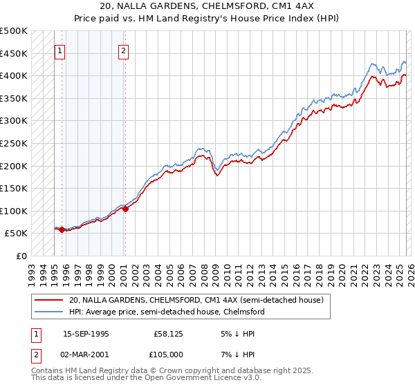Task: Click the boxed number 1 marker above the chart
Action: click(x=59, y=50)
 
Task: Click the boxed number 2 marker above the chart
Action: click(x=123, y=50)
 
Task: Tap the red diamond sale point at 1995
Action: click(x=62, y=230)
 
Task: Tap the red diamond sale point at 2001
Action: click(x=125, y=209)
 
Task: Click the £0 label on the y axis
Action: click(x=21, y=256)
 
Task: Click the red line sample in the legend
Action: click(x=49, y=300)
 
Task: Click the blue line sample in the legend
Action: click(x=49, y=312)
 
